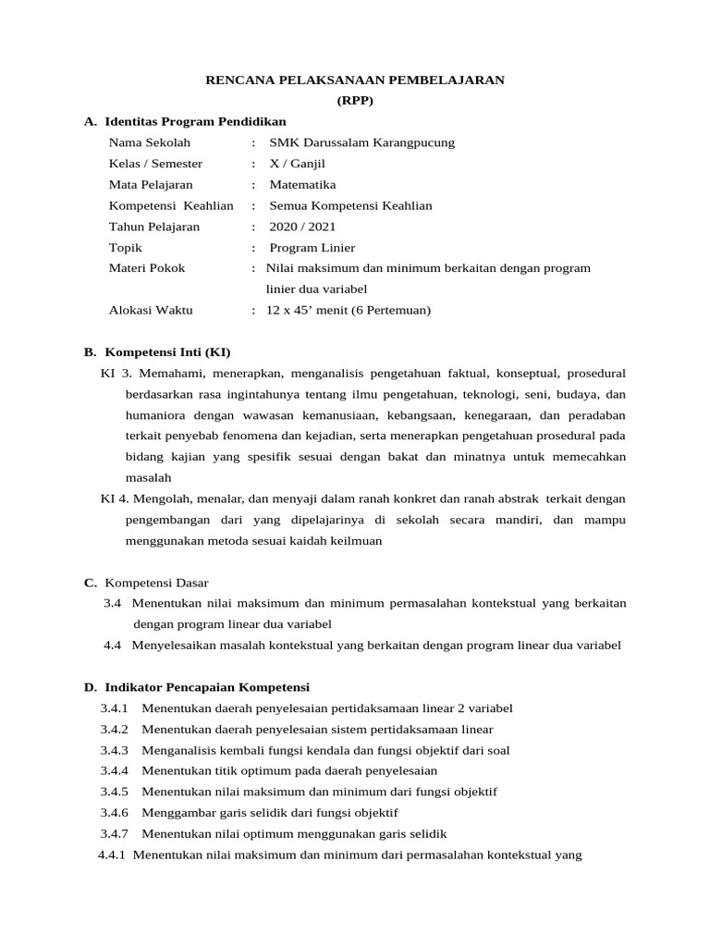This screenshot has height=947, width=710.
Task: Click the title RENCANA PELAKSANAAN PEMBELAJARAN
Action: click(355, 80)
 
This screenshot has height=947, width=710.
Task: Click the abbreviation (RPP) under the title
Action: click(355, 101)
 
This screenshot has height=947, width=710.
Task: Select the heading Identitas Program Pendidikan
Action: click(195, 121)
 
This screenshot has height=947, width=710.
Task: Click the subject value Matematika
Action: click(302, 184)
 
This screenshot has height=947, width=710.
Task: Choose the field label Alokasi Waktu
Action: click(151, 311)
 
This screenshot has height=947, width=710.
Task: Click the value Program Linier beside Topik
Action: click(312, 247)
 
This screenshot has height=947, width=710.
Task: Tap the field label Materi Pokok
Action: click(147, 268)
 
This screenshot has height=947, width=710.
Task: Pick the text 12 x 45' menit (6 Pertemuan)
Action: click(349, 311)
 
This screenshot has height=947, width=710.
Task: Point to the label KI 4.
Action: click(116, 498)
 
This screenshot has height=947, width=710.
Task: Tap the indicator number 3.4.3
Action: click(115, 750)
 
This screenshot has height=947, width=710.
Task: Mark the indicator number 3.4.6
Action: click(115, 813)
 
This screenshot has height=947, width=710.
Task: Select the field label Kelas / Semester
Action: click(155, 164)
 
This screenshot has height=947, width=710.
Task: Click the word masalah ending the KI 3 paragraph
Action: click(148, 478)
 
